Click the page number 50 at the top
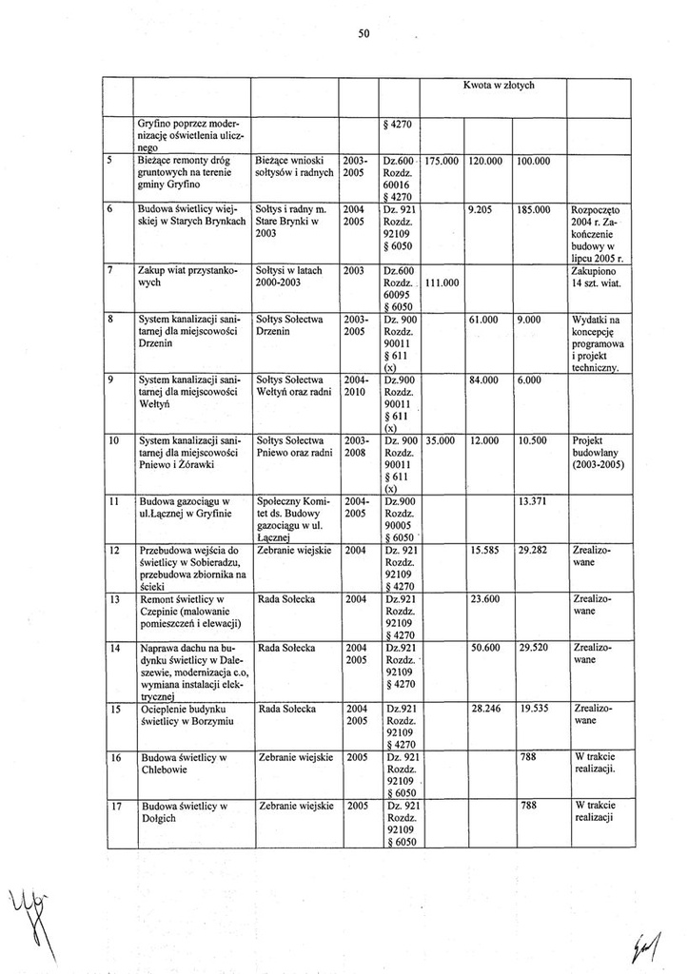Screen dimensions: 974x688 [x=364, y=33]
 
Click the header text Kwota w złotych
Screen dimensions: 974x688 [x=499, y=86]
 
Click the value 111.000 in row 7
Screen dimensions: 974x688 [x=441, y=283]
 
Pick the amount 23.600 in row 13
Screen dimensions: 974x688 [x=485, y=599]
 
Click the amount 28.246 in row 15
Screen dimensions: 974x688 [x=485, y=709]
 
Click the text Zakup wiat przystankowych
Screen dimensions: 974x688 [x=184, y=277]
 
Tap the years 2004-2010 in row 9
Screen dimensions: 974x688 [x=356, y=385]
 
